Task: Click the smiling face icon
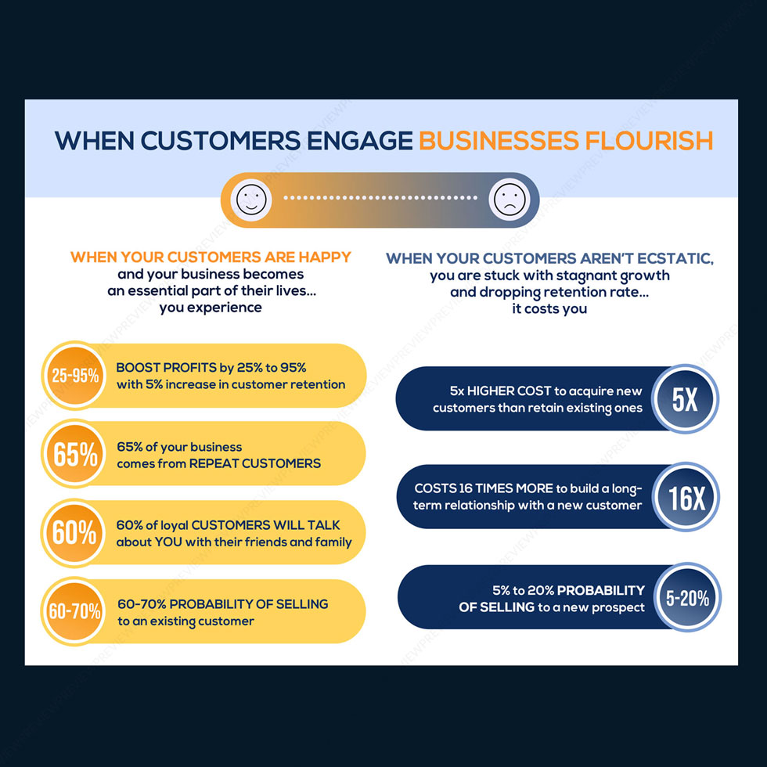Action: [x=251, y=200]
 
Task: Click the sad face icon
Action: [x=510, y=200]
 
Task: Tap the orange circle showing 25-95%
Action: [x=74, y=375]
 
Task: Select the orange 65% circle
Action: [x=74, y=453]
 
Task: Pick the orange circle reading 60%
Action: [x=74, y=532]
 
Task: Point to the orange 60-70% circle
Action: [x=74, y=611]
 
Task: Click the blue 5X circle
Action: [x=685, y=398]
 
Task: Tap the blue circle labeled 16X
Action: [x=686, y=497]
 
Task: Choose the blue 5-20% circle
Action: [x=687, y=597]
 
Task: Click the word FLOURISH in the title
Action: [x=649, y=141]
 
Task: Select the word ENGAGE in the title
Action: [x=359, y=141]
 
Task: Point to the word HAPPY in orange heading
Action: [x=324, y=257]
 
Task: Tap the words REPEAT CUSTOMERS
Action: [x=255, y=463]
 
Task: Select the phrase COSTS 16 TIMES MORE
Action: [x=484, y=488]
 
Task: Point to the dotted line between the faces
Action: [x=380, y=198]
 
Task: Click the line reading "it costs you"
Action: [x=549, y=308]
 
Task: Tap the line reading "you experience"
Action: [x=211, y=308]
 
